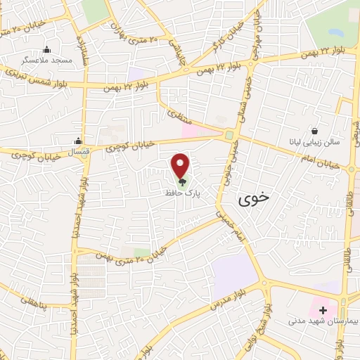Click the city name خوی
point(254,199)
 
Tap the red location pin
point(181,165)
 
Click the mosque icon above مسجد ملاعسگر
point(47,49)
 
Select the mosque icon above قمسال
point(78,141)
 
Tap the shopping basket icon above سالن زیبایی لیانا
point(314,130)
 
